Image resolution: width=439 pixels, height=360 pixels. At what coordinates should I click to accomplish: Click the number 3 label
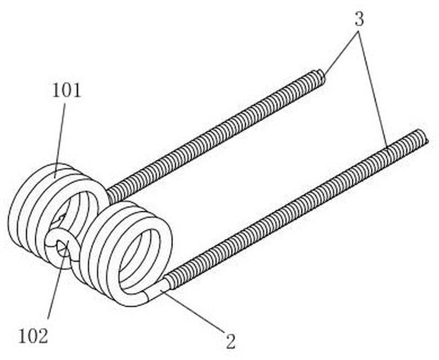tap(359, 20)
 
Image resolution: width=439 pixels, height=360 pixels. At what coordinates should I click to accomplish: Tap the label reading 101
tap(66, 91)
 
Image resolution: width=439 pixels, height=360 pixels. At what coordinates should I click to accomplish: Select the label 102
tap(33, 336)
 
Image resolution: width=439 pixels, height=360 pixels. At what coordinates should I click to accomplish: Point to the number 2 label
tap(230, 341)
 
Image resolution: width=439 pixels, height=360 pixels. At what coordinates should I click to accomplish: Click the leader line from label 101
tap(60, 140)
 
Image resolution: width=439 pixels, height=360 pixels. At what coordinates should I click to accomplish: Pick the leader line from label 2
tap(193, 311)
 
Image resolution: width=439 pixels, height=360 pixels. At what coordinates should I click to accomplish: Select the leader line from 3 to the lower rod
tap(373, 89)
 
